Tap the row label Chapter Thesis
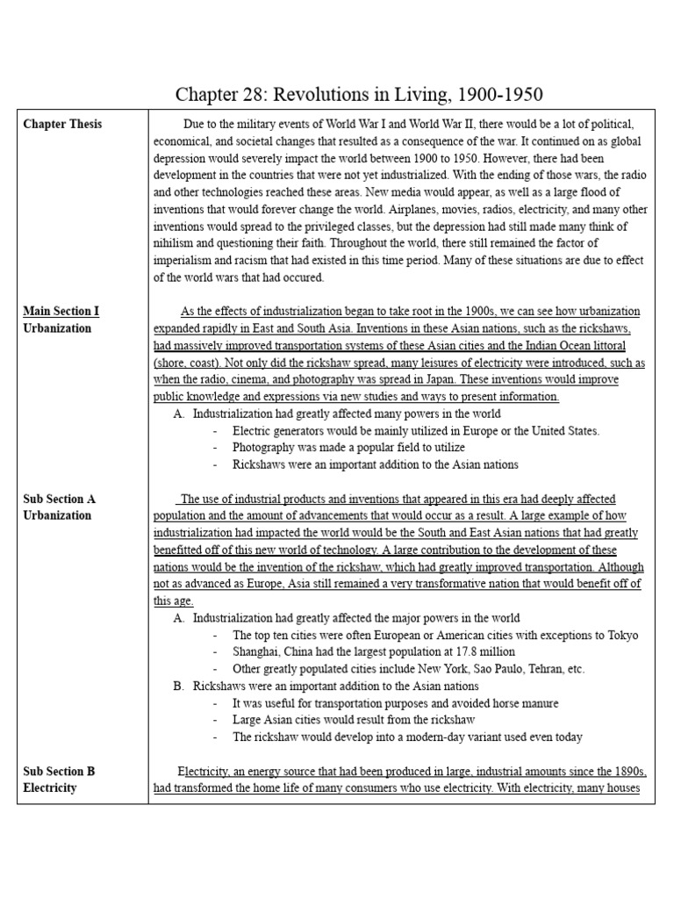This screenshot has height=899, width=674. (62, 124)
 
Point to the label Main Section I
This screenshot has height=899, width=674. (61, 312)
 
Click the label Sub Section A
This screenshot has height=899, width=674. (60, 499)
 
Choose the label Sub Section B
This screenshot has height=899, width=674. (60, 772)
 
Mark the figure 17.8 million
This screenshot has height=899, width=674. (484, 652)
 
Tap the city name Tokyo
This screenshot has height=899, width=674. (620, 636)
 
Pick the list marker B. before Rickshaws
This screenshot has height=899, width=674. (179, 686)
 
